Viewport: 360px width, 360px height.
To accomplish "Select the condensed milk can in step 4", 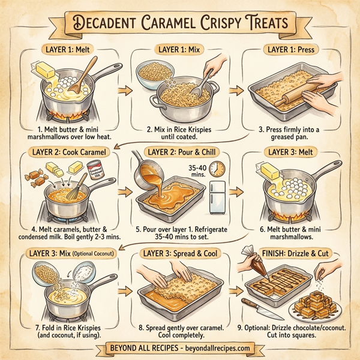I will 95,170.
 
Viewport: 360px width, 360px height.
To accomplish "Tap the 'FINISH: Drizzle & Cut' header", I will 292,253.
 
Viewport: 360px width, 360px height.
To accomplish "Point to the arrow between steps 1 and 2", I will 125,90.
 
